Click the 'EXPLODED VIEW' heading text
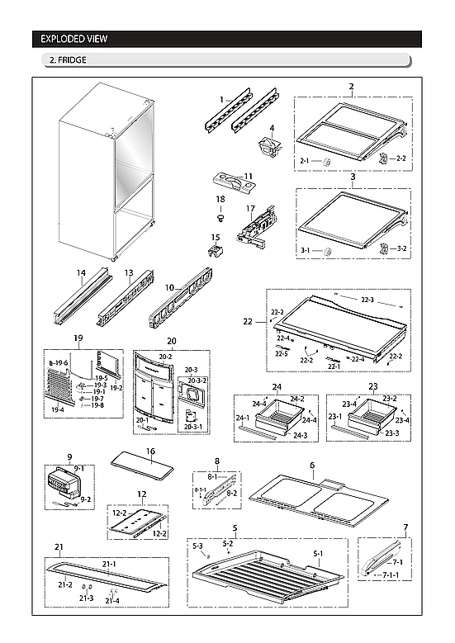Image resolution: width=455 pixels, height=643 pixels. click(x=75, y=39)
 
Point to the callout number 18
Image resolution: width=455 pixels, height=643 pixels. click(x=220, y=199)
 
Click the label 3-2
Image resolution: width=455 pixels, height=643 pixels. click(x=400, y=248)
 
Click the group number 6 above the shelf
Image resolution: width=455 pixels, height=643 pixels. click(x=312, y=466)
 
